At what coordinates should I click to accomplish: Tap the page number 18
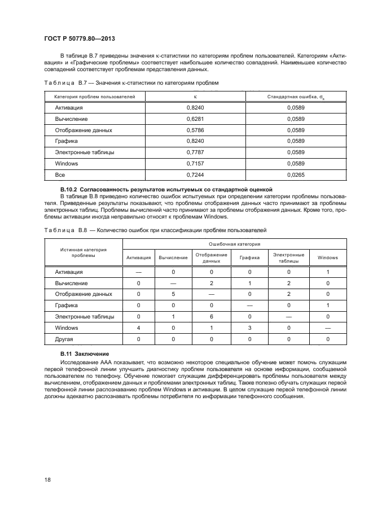click(x=47, y=479)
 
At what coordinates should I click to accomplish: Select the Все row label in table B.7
click(x=60, y=175)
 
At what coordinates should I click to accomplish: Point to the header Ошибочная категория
click(x=234, y=244)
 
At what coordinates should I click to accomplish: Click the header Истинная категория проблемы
click(x=84, y=252)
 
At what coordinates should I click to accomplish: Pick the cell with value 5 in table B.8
click(x=173, y=294)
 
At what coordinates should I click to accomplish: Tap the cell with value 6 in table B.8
click(x=211, y=317)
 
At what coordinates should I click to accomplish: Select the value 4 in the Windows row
click(x=138, y=328)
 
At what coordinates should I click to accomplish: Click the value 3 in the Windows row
click(x=249, y=328)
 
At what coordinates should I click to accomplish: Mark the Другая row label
click(x=64, y=339)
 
